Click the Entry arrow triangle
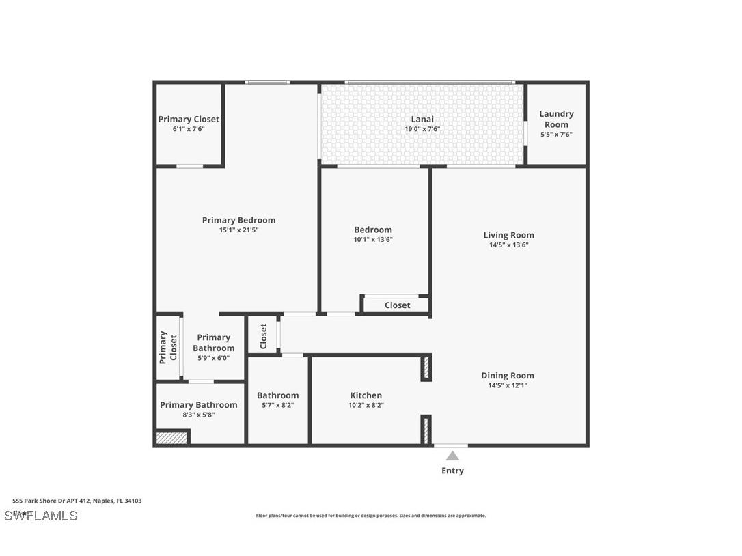pos(452,456)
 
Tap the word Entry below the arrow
pos(452,471)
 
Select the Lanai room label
pos(422,119)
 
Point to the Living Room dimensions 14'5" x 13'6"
pos(508,245)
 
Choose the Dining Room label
pos(508,375)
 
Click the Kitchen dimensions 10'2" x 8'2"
pos(366,405)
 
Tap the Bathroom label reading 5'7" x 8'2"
pos(277,395)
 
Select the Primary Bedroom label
pos(238,220)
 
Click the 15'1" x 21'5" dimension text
pos(238,230)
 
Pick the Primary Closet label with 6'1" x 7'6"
pos(189,119)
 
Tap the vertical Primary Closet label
pos(168,347)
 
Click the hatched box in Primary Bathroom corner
pos(171,438)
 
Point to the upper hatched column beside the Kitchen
pos(426,367)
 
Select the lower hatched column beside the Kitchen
pos(426,430)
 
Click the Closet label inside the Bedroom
pos(397,305)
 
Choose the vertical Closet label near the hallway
pos(263,335)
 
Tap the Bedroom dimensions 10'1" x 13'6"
pos(373,240)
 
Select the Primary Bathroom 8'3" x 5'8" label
pos(199,405)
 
